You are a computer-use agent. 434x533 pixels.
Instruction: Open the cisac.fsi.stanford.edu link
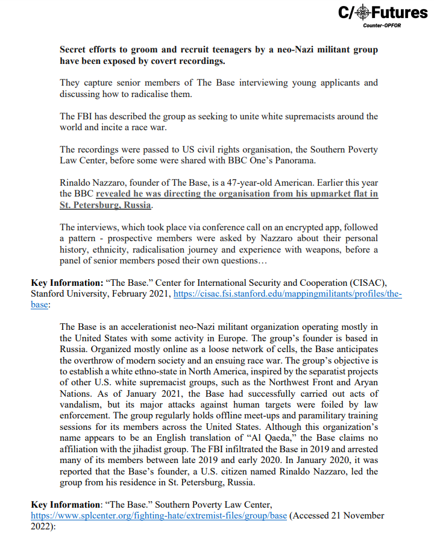288,294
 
